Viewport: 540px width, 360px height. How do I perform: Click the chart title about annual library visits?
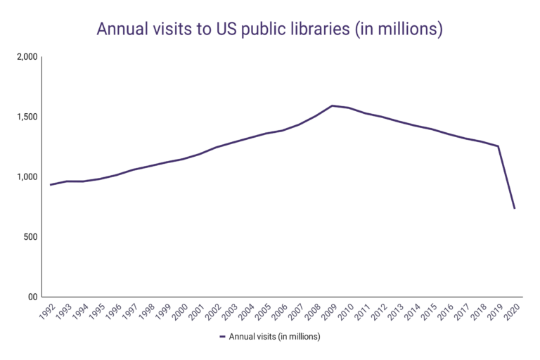click(x=269, y=30)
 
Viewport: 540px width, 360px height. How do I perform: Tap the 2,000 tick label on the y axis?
click(x=26, y=57)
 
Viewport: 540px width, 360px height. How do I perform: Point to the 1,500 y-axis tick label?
click(x=26, y=117)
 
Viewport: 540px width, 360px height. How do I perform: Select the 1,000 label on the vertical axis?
click(x=26, y=177)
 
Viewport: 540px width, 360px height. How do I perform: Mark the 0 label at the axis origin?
click(x=33, y=297)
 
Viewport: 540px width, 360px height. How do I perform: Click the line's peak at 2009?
click(x=332, y=105)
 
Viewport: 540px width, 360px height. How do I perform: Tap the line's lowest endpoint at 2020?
click(x=515, y=208)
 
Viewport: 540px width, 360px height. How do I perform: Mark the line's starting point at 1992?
click(x=50, y=185)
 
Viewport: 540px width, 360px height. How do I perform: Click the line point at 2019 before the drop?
click(x=498, y=146)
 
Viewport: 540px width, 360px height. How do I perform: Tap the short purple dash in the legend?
click(x=222, y=337)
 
